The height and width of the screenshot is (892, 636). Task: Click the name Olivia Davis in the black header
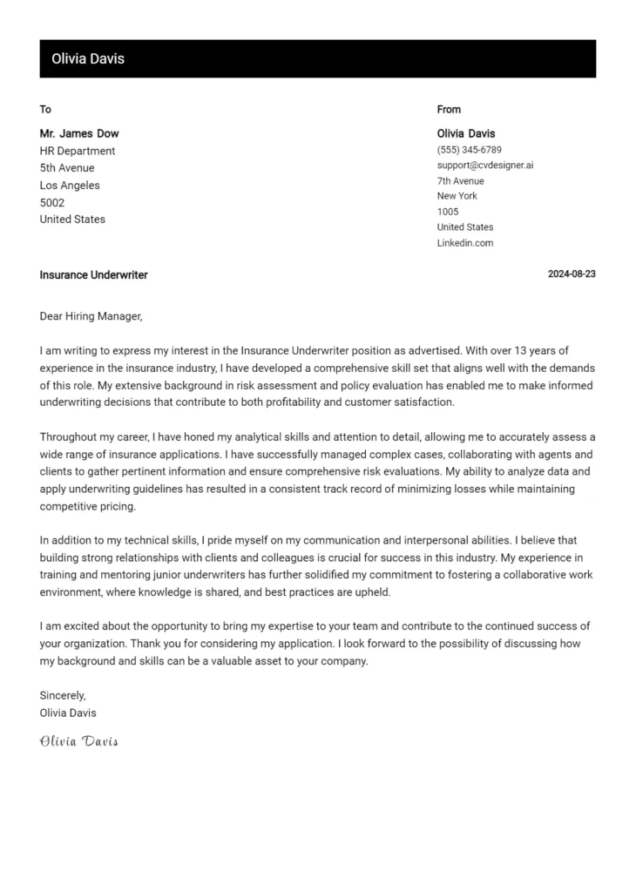click(x=88, y=59)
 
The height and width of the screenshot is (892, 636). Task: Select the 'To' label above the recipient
click(x=45, y=110)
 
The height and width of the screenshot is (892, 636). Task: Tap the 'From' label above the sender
click(x=449, y=110)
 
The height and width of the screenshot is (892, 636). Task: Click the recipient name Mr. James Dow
click(x=79, y=134)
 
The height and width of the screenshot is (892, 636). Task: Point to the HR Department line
click(x=78, y=151)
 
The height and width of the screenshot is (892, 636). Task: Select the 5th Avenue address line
click(x=67, y=168)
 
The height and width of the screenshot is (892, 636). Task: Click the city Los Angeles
click(x=70, y=186)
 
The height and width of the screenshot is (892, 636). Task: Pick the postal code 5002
click(x=52, y=202)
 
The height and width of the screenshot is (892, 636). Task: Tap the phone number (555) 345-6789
click(x=469, y=150)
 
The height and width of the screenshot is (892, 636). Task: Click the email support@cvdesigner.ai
click(x=484, y=166)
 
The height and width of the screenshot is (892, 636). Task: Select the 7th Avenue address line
click(x=460, y=181)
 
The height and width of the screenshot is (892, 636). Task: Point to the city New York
click(x=457, y=196)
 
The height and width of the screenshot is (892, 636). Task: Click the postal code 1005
click(x=447, y=212)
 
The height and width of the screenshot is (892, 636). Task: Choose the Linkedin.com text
click(x=464, y=243)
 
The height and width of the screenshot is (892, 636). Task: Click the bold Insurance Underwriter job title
click(x=93, y=275)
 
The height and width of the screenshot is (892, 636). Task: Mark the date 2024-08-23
click(x=572, y=274)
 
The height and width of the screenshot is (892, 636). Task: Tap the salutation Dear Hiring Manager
click(x=91, y=316)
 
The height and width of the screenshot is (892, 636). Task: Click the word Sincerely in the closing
click(x=63, y=695)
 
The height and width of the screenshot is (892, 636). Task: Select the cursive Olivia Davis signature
click(x=78, y=741)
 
